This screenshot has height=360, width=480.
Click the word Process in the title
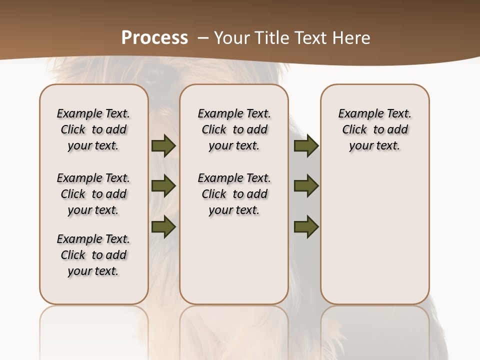point(154,37)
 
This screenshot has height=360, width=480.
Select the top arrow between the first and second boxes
point(163,145)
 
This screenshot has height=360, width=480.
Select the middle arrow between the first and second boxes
point(163,186)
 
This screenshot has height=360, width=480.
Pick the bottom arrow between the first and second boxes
point(163,226)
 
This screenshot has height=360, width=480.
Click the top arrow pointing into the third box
point(306,145)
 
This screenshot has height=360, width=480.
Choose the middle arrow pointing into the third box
point(306,186)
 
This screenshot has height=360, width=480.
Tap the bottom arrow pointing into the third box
point(306,226)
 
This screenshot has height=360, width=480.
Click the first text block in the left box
point(93,129)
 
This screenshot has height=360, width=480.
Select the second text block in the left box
point(93,194)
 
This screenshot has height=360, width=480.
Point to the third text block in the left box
point(93,255)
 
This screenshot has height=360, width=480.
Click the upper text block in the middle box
point(234,129)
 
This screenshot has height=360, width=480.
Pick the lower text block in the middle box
point(234,194)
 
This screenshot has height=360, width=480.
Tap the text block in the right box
point(375,129)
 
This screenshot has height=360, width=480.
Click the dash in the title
point(202,37)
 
